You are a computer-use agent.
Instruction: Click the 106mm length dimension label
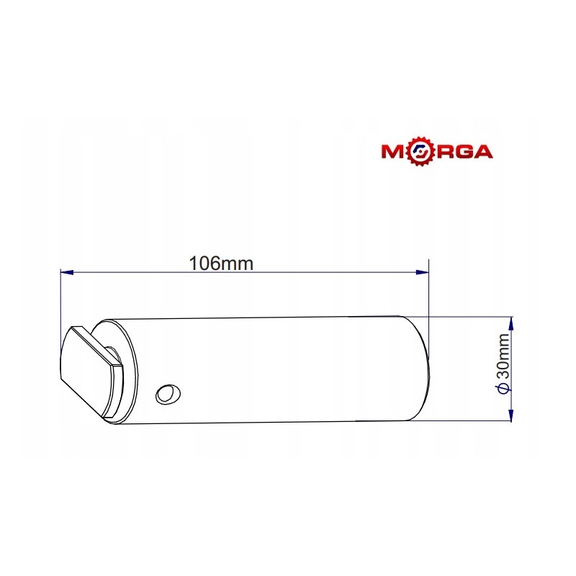221,263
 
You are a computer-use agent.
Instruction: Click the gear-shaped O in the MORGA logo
417,152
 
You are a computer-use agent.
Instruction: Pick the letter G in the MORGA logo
459,152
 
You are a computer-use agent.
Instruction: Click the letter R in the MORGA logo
438,152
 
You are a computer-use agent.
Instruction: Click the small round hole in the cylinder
168,393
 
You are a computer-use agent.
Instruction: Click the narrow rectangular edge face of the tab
114,390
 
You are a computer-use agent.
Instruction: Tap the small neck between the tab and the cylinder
112,354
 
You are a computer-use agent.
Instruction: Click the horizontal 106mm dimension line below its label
245,273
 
